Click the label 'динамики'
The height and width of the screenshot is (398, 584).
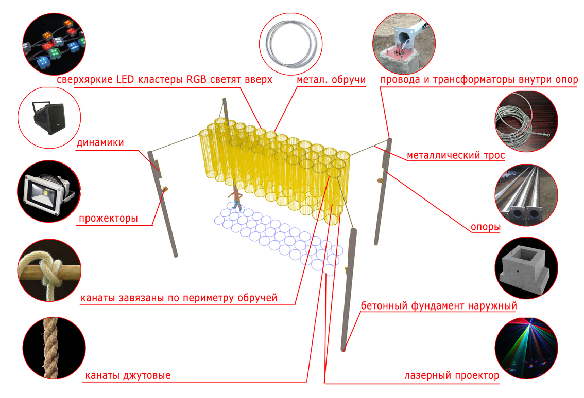pyautogui.click(x=100, y=143)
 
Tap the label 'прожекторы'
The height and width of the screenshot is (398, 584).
pyautogui.click(x=108, y=219)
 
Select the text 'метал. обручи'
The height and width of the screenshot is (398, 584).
pyautogui.click(x=331, y=80)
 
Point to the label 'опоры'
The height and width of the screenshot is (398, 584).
pyautogui.click(x=485, y=227)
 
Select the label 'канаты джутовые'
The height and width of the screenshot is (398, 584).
pyautogui.click(x=128, y=376)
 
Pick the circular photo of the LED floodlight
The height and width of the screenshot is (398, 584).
pyautogui.click(x=49, y=191)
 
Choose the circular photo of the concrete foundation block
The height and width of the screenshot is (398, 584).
pyautogui.click(x=526, y=268)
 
